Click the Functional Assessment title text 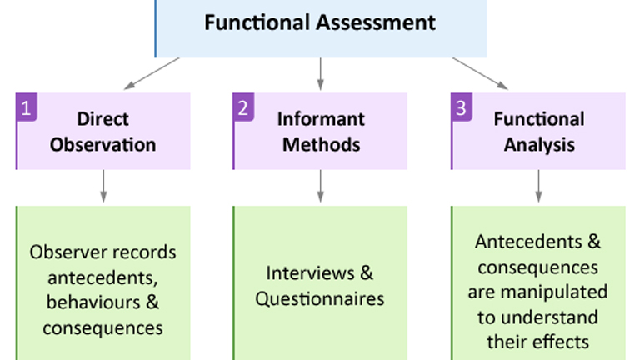320,22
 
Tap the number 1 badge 27,107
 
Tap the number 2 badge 243,107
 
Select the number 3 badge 462,107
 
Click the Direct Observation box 103,131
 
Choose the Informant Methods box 321,131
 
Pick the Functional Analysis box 538,131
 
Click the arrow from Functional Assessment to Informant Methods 320,73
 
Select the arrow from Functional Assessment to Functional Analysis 480,72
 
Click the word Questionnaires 320,297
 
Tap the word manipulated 566,292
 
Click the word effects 563,342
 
